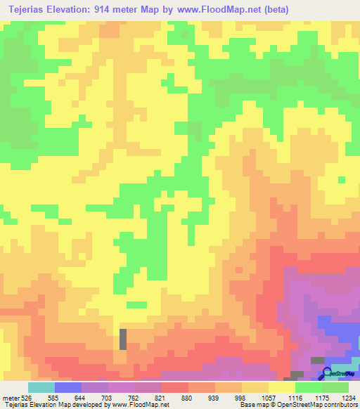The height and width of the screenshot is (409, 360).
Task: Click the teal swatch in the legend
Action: [x=41, y=387]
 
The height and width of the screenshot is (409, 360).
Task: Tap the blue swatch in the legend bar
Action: [x=67, y=387]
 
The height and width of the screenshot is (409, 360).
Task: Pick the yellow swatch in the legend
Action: [x=281, y=387]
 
